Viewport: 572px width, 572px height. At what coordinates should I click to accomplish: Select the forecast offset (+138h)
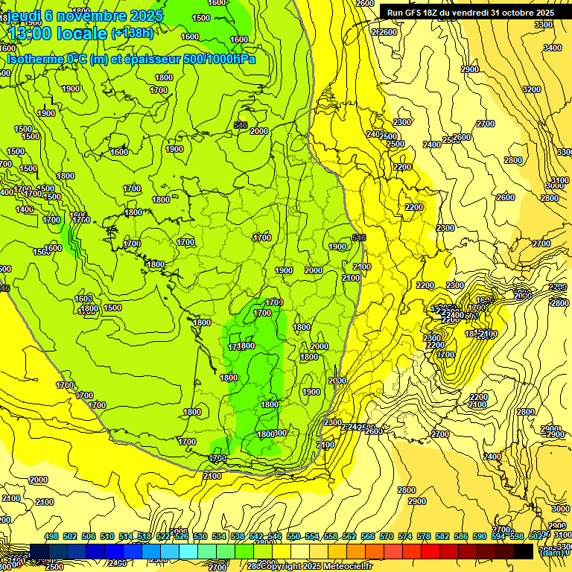[132, 34]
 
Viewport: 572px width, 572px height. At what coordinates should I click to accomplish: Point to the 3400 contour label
[552, 48]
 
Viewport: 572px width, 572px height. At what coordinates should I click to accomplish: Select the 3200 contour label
[531, 89]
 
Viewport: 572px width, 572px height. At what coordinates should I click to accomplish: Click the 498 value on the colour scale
[51, 537]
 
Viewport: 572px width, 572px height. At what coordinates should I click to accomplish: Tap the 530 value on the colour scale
[200, 537]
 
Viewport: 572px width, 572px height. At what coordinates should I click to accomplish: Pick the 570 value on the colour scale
[387, 537]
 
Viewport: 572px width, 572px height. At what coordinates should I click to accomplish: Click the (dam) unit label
[550, 553]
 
